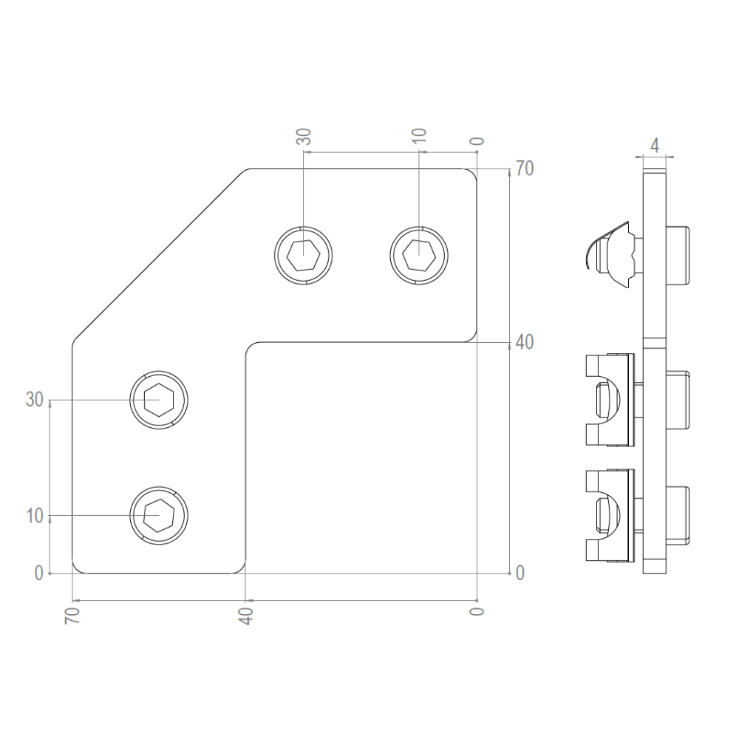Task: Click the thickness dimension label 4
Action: click(655, 145)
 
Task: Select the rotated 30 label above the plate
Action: click(304, 137)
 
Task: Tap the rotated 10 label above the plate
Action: click(419, 137)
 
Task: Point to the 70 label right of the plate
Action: click(525, 168)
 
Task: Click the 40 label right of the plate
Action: click(525, 342)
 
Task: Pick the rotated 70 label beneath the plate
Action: click(73, 615)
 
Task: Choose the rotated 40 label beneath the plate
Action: click(246, 615)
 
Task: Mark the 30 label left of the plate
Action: click(35, 400)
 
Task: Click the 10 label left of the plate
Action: click(35, 516)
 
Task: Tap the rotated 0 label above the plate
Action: click(477, 140)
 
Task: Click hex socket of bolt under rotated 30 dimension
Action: click(304, 255)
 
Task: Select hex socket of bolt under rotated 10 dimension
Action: click(419, 255)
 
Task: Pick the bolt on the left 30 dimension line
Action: click(159, 400)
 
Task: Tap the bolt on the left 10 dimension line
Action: click(159, 515)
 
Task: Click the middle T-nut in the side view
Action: click(610, 400)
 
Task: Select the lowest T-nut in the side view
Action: click(610, 515)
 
